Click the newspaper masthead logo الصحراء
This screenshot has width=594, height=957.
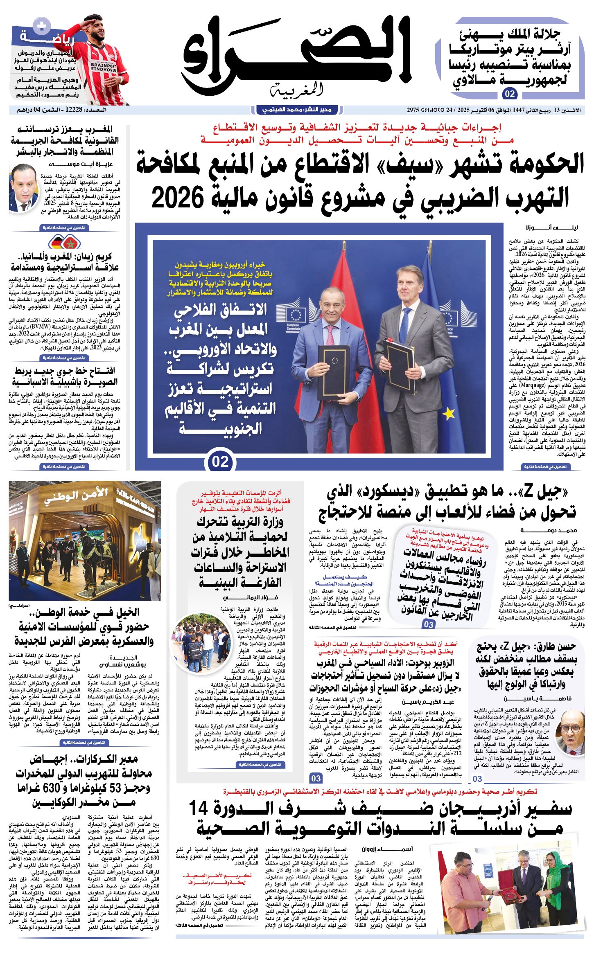[x=297, y=55]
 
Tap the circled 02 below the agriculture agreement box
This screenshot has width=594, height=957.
[x=220, y=462]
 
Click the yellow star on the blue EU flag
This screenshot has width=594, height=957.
[x=449, y=413]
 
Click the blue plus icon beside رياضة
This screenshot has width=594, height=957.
[x=42, y=27]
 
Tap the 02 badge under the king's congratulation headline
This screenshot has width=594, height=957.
[x=510, y=94]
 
